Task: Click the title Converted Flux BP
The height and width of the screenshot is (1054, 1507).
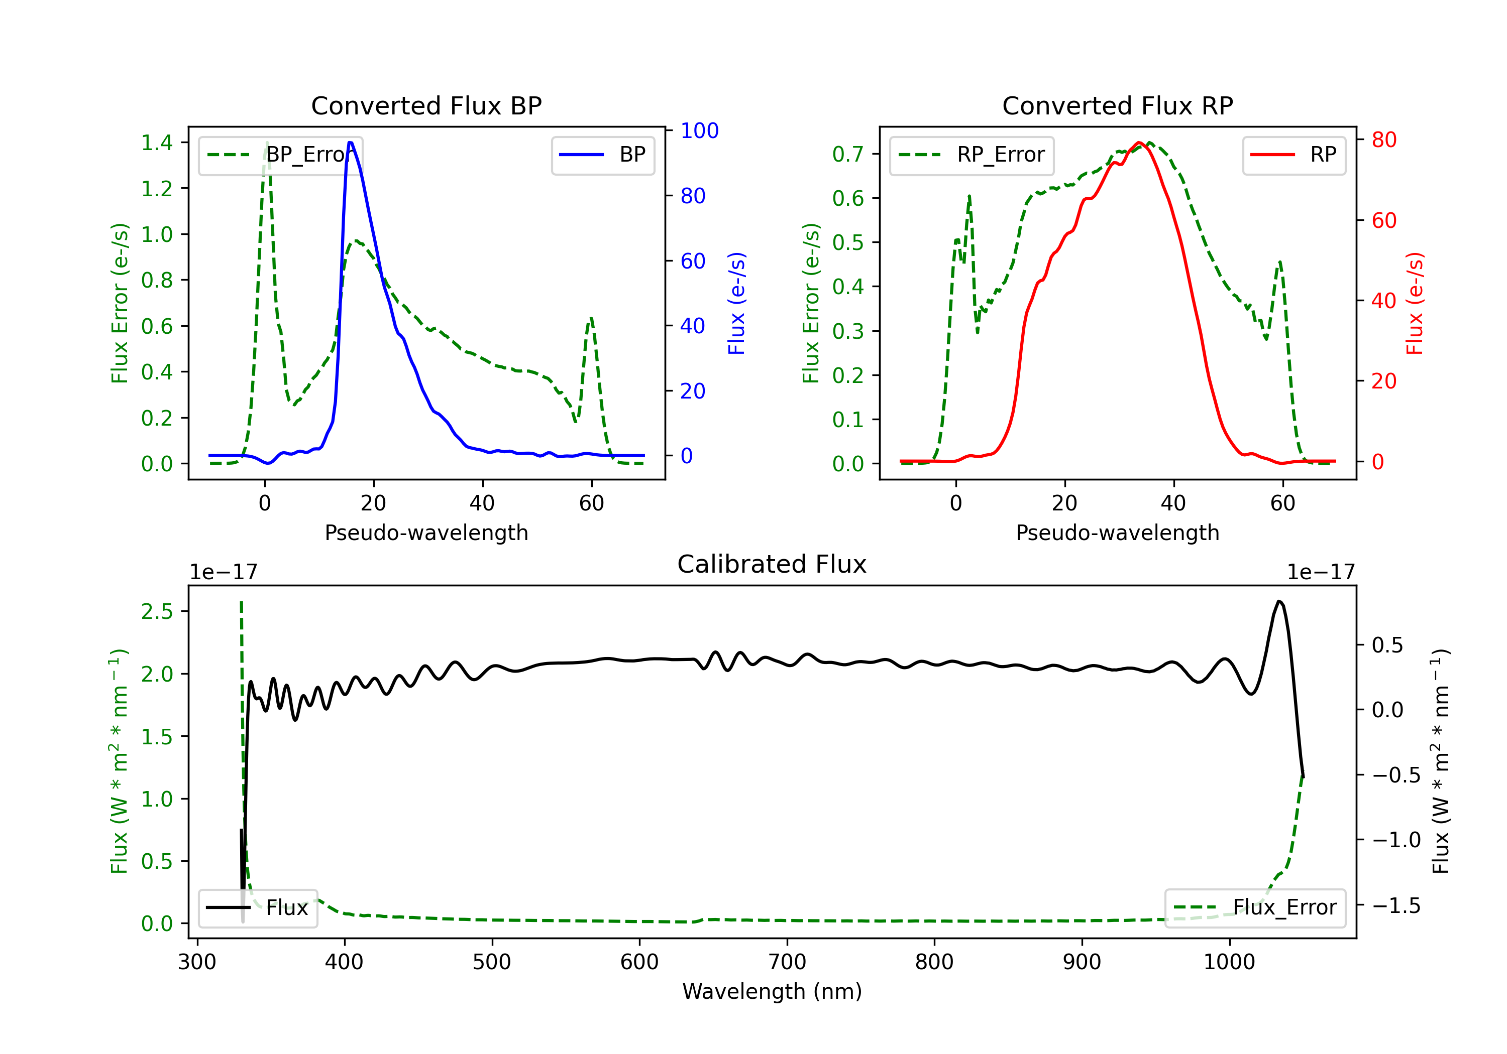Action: click(x=426, y=105)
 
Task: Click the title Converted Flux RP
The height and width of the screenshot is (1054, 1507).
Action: click(x=1117, y=105)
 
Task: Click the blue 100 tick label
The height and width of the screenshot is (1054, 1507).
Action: click(x=699, y=130)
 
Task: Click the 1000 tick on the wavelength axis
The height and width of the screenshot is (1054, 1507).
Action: click(x=1229, y=962)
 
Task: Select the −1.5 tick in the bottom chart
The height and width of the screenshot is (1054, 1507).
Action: click(x=1395, y=906)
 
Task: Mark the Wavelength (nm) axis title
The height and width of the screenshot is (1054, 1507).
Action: click(x=772, y=991)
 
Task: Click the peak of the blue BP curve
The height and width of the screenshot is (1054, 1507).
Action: click(x=351, y=143)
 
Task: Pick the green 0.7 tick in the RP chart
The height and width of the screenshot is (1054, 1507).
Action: click(x=848, y=154)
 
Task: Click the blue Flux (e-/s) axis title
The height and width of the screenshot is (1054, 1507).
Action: click(x=736, y=303)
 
